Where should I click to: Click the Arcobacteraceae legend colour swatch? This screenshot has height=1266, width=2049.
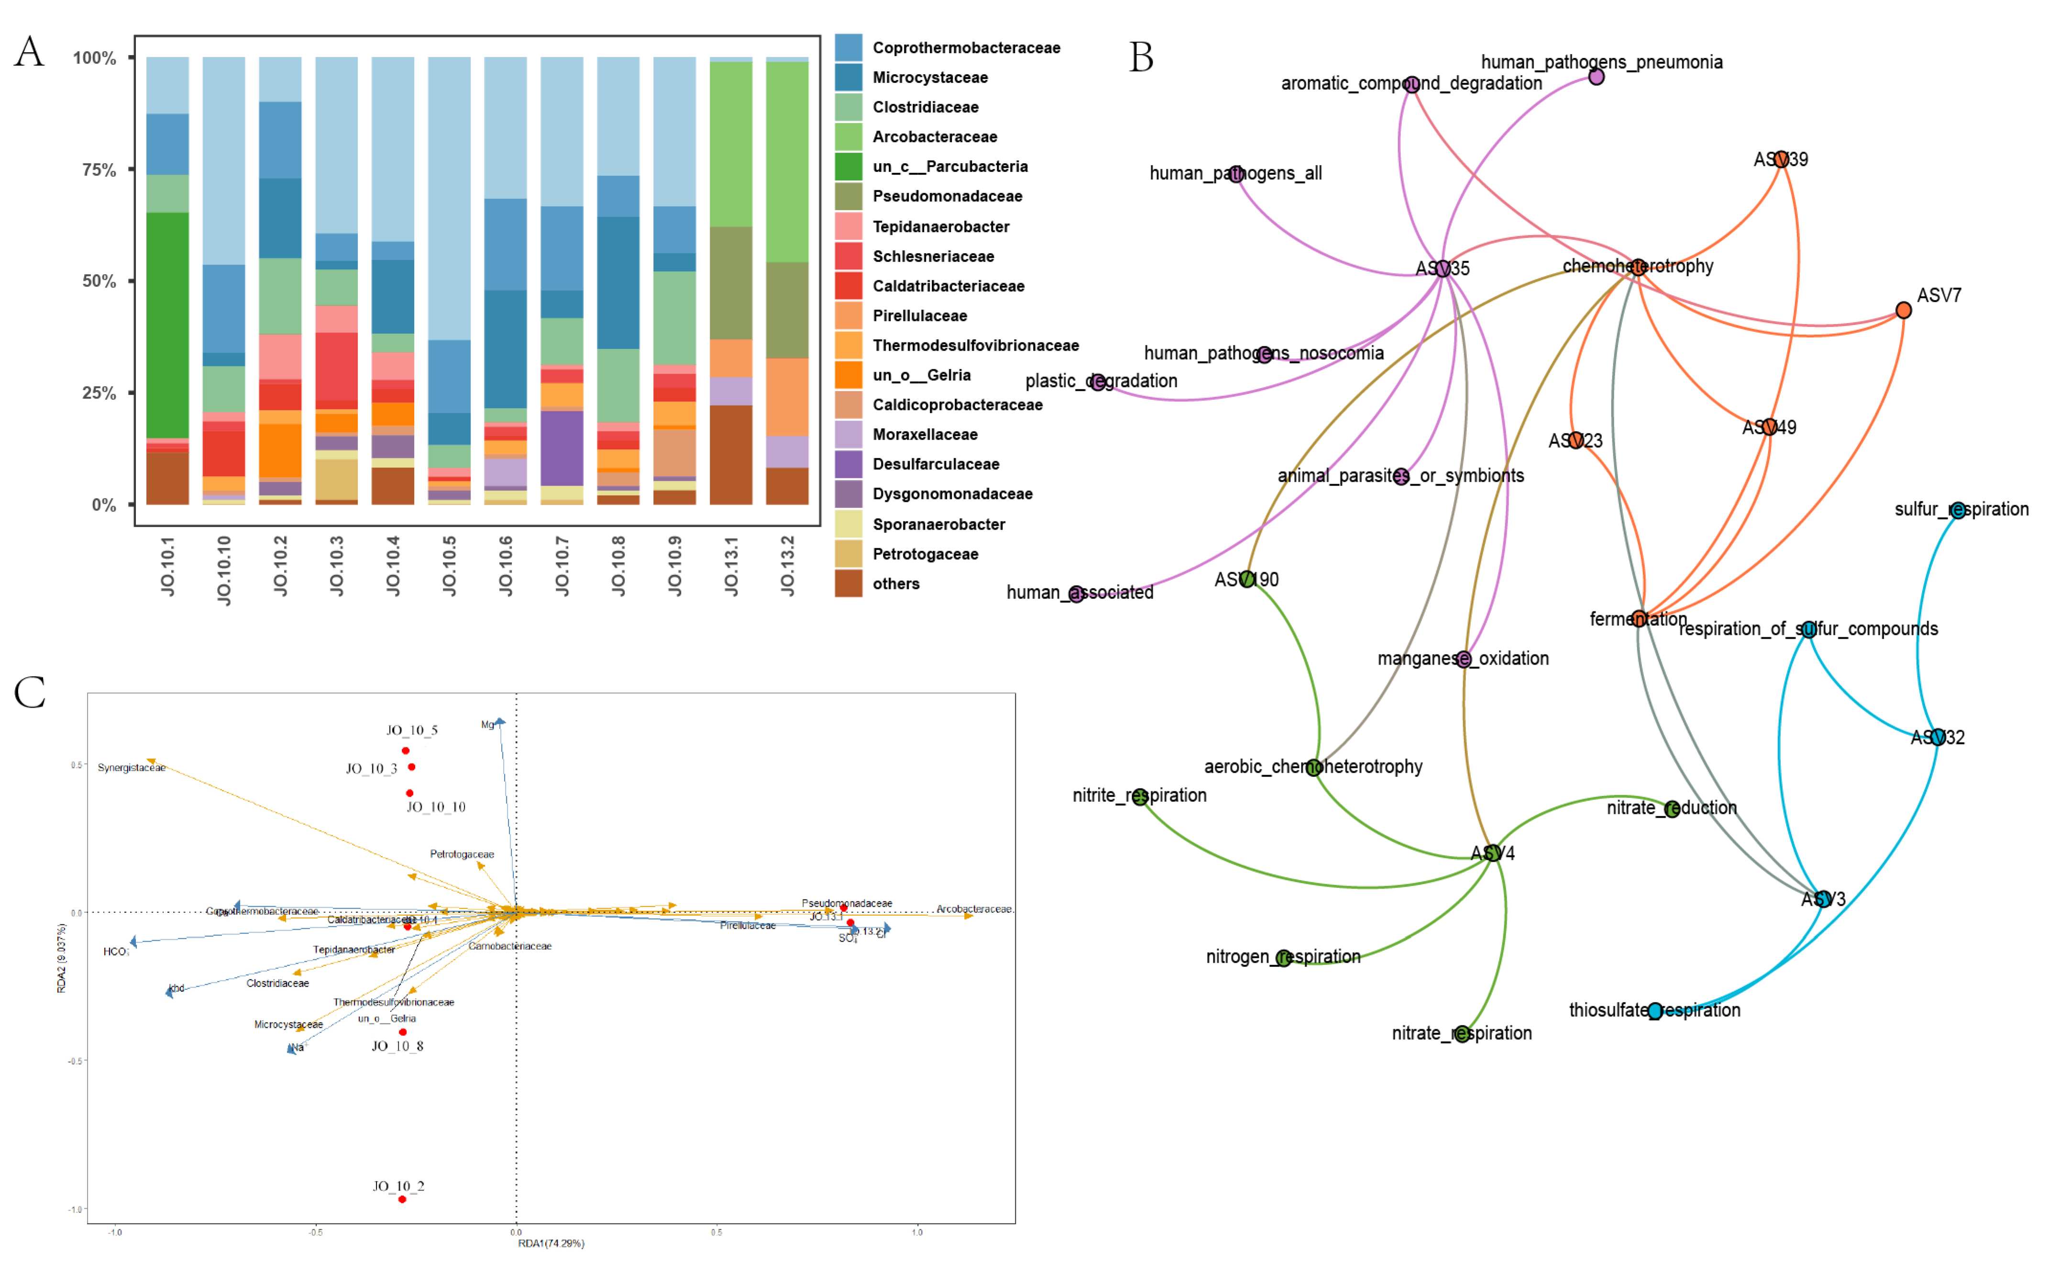[848, 136]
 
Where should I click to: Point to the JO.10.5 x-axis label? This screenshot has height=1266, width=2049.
[450, 566]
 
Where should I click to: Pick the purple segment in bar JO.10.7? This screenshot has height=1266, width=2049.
[562, 448]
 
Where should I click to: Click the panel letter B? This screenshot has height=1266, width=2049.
[1141, 58]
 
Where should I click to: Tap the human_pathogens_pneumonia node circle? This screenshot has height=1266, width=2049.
[1596, 77]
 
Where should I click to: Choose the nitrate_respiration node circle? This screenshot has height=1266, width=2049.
[1462, 1034]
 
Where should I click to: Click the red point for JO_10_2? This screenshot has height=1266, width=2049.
[402, 1199]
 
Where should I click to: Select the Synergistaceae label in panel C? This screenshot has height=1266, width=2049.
[132, 768]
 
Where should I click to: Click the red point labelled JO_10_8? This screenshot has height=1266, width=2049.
[403, 1032]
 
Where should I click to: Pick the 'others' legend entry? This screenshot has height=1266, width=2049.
[895, 584]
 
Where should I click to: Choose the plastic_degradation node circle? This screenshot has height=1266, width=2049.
[1097, 383]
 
